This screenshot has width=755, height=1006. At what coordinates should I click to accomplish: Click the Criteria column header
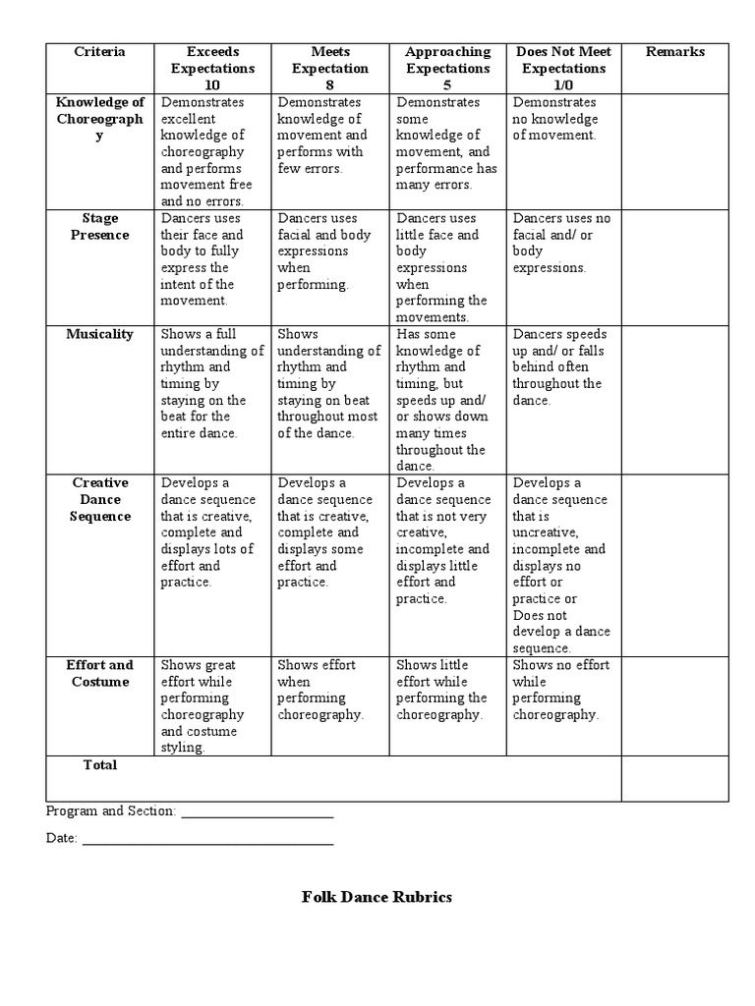point(99,52)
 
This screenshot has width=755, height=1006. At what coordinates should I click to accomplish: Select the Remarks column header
point(674,52)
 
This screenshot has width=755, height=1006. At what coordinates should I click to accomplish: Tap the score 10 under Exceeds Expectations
point(212,85)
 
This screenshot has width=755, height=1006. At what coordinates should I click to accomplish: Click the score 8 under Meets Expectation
point(329,85)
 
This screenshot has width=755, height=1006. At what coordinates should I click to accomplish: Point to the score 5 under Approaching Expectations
point(447,85)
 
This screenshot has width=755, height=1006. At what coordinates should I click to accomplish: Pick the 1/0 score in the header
point(563,85)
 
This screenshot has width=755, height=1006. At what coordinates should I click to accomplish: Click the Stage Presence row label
point(99,227)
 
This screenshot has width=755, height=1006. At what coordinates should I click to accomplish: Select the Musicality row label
point(99,334)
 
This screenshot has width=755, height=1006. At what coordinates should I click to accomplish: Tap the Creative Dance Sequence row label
point(99,499)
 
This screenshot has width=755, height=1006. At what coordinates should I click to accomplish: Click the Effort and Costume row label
point(99,673)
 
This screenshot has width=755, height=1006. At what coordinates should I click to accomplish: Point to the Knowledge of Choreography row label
point(99,119)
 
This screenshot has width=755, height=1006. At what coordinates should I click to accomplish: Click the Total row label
point(99,765)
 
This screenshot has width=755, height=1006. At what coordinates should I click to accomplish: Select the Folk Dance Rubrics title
point(377,897)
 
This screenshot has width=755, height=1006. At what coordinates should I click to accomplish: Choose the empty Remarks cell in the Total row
point(674,778)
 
